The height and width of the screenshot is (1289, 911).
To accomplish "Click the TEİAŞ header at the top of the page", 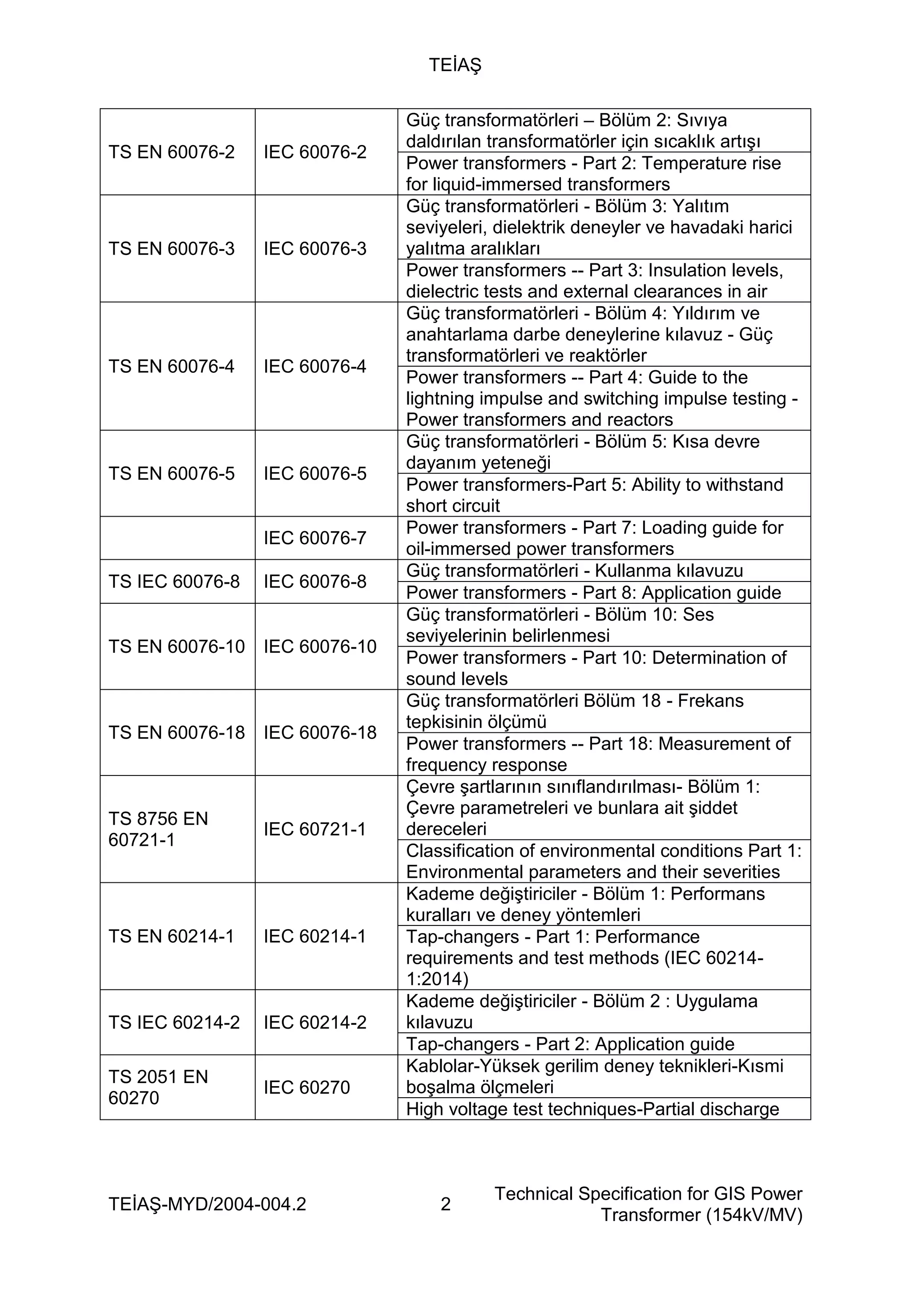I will (x=455, y=66).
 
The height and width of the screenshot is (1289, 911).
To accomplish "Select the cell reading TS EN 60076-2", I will (x=171, y=152).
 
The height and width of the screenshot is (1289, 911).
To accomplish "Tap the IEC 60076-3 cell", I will (x=315, y=249).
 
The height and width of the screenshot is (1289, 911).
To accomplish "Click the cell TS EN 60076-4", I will (x=171, y=367).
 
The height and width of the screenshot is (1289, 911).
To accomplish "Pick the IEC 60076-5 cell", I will (x=315, y=474).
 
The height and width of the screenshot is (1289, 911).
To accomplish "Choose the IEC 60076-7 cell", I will (x=315, y=538).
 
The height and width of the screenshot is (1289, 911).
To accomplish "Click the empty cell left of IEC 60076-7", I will (x=177, y=538).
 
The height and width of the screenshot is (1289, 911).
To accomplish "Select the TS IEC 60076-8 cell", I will (x=174, y=582).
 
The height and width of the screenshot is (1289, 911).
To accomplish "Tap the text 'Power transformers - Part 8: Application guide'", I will (x=593, y=593).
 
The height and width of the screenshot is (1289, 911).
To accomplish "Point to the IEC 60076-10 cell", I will (x=320, y=647).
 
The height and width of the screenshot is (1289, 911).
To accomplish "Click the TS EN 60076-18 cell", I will (x=176, y=733).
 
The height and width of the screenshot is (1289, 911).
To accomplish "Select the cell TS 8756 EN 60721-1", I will (x=158, y=829).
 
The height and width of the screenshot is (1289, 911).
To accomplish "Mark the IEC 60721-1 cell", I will (x=315, y=829).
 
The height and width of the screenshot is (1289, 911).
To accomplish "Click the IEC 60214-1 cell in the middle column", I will (x=315, y=937).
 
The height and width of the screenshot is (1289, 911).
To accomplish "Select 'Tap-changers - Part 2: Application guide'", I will (x=570, y=1044).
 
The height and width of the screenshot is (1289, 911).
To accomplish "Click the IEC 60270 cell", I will (x=306, y=1087).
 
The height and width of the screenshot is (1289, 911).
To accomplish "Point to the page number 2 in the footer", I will (x=446, y=1204).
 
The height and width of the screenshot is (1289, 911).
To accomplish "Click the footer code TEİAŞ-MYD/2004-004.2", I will (x=207, y=1204).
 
